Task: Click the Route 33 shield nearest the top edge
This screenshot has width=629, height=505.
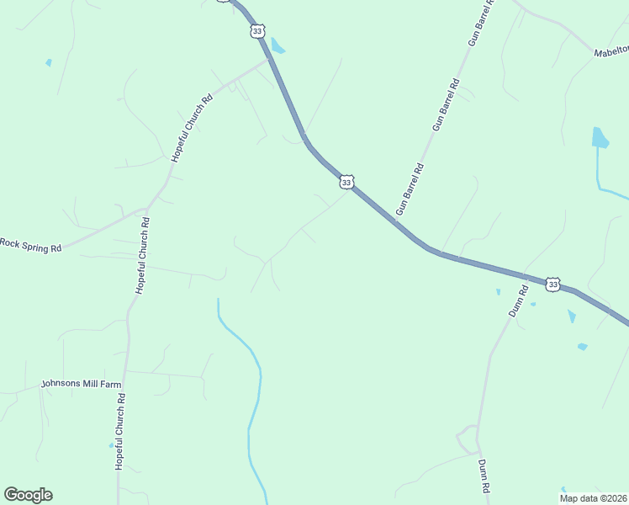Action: pos(257,31)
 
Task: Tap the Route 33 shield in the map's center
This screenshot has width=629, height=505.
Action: pos(346,182)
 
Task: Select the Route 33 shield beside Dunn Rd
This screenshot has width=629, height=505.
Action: pos(552,285)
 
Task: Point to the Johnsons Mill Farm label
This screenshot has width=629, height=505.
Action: pos(82,385)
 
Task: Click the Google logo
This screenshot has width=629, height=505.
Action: pos(28,495)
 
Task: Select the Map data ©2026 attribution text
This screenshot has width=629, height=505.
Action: pos(592,497)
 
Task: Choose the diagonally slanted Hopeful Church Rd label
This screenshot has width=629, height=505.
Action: pos(192,128)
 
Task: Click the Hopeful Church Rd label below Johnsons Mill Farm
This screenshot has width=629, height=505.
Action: pos(119,431)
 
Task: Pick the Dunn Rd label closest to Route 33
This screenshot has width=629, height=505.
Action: pos(517,301)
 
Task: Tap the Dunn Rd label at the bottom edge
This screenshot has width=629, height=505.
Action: pos(484,476)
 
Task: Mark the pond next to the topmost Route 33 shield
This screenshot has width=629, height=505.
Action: pos(277,46)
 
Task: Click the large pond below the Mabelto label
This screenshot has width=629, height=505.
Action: pos(600,138)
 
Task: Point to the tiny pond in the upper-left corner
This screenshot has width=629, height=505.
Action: pos(49,62)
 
